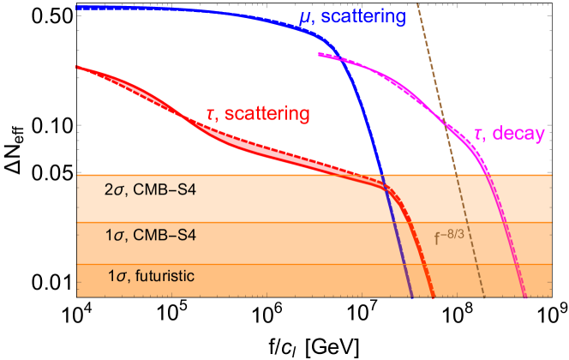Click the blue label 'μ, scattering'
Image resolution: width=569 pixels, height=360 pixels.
[x=351, y=17]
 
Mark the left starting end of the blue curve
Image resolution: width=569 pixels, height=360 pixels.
[x=77, y=8]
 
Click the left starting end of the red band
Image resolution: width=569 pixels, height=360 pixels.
[x=77, y=67]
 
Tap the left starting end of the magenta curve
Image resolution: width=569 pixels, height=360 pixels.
[x=319, y=55]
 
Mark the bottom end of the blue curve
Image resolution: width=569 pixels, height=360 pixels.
[x=412, y=297]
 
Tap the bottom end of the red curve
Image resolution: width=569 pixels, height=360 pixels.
[x=434, y=297]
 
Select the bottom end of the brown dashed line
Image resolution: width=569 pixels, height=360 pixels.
[x=485, y=297]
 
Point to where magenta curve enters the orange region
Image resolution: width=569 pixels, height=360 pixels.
[x=488, y=175]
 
